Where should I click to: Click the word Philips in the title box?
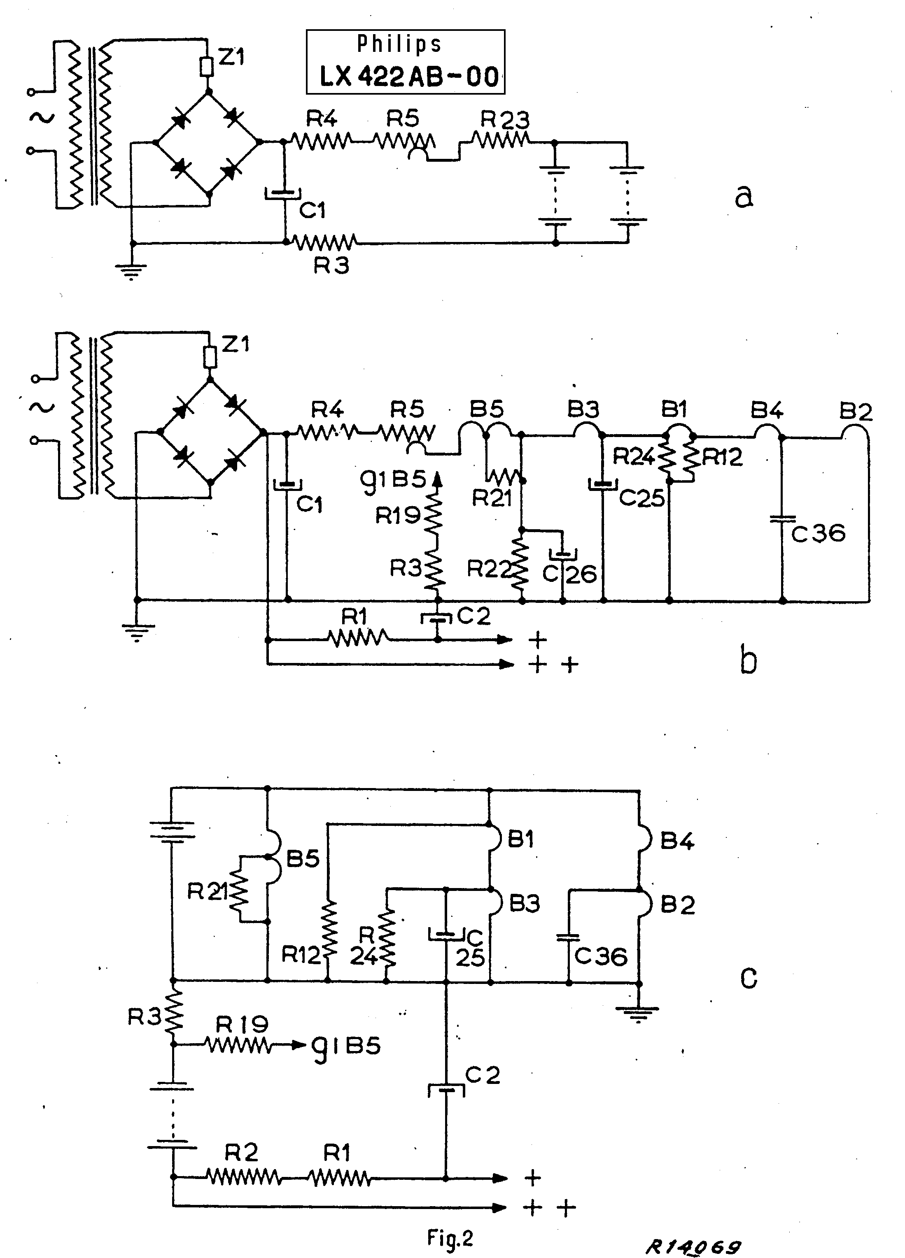pyautogui.click(x=399, y=43)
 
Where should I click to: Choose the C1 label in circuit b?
pyautogui.click(x=309, y=504)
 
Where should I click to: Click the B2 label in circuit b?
pyautogui.click(x=855, y=411)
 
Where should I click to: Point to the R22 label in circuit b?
pyautogui.click(x=488, y=569)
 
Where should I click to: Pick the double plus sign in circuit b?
pyautogui.click(x=553, y=664)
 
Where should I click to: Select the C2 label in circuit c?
pyautogui.click(x=482, y=1075)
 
